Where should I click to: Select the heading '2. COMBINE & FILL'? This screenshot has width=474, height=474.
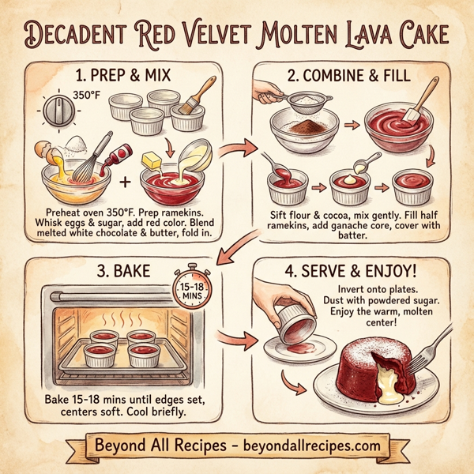pos(344,77)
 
